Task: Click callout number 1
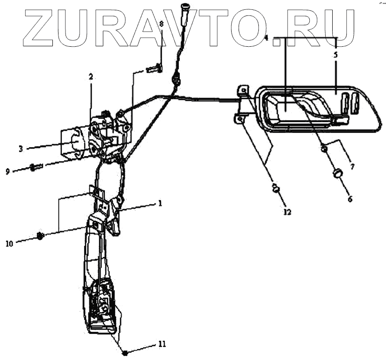(x=160, y=204)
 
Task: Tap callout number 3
(x=21, y=149)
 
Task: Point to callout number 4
(x=266, y=37)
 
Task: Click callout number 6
(x=350, y=198)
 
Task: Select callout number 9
(x=8, y=172)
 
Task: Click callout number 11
(x=162, y=345)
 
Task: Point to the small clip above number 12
(x=276, y=189)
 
